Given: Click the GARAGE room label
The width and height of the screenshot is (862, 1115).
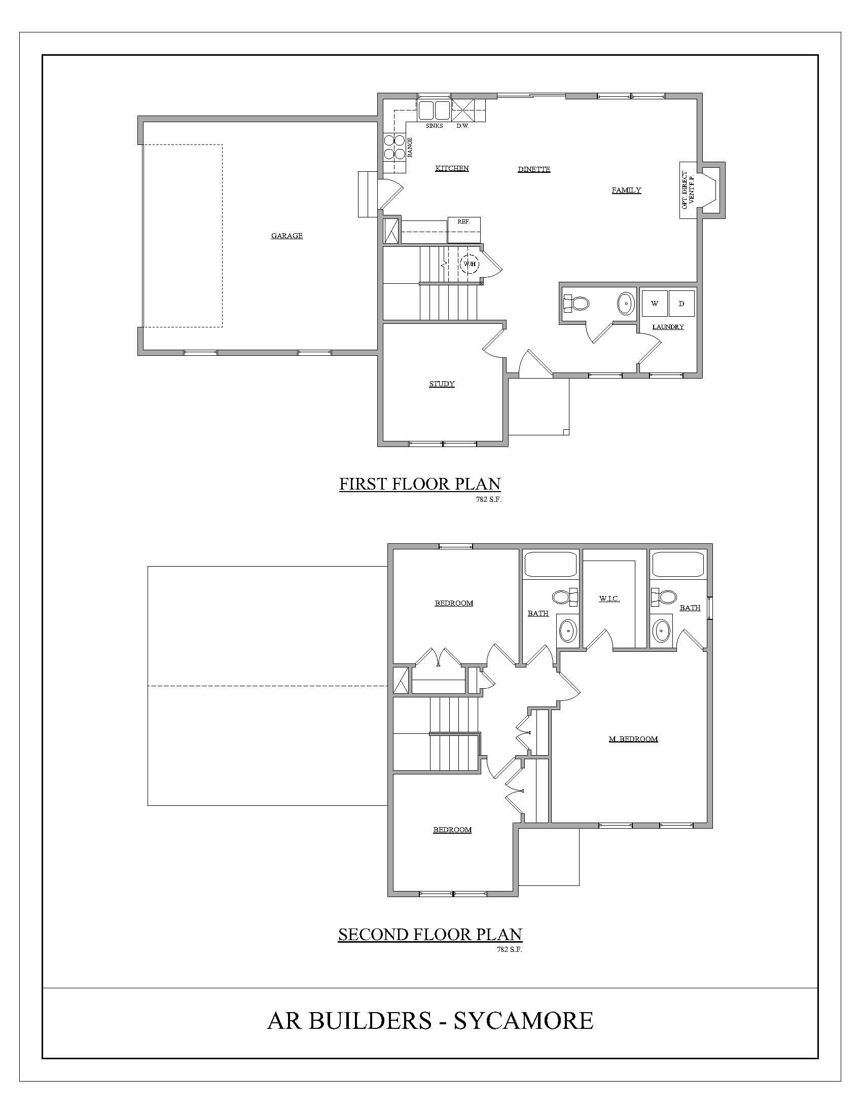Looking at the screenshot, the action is click(x=287, y=235).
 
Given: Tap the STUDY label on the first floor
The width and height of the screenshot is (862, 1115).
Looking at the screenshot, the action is click(x=442, y=384).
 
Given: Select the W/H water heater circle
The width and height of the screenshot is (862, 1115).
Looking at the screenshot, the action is click(x=470, y=264).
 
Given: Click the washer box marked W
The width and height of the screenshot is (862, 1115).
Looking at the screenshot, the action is click(x=655, y=304).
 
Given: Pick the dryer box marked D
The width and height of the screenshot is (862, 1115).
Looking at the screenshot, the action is click(x=681, y=304).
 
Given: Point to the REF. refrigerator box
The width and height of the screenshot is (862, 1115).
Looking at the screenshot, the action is click(x=464, y=230).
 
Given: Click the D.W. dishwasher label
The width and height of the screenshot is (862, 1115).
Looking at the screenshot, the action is click(x=462, y=126).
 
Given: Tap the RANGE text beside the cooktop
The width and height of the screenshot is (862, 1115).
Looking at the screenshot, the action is click(x=410, y=147).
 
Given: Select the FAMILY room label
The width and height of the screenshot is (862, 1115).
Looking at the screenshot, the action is click(x=627, y=191).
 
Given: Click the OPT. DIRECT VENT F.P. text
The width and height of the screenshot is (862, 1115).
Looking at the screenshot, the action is click(x=688, y=190).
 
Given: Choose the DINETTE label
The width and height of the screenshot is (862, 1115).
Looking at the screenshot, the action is click(x=534, y=169).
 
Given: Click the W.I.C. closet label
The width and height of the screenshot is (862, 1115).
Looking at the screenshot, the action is click(x=609, y=599).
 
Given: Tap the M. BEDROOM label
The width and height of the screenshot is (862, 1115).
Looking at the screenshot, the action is click(x=633, y=739).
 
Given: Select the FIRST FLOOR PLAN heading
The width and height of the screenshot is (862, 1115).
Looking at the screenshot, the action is click(x=420, y=484).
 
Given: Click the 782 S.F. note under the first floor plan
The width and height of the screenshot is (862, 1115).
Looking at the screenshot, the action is click(x=489, y=500).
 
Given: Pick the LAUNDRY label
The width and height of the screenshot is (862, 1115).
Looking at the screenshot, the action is click(x=668, y=327).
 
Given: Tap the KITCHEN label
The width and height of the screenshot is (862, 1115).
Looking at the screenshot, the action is click(x=452, y=168).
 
